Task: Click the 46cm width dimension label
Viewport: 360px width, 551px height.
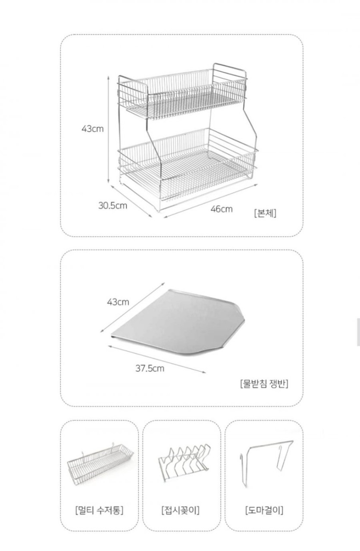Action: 221,209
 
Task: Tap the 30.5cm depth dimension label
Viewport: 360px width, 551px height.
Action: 113,205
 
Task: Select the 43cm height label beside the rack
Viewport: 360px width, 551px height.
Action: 93,129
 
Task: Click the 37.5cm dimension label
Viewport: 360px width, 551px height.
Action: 150,368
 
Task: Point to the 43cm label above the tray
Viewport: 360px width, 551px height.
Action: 118,302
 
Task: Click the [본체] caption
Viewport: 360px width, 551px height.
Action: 265,213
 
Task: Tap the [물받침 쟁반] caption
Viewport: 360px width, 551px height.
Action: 264,384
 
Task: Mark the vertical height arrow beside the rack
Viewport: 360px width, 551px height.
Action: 108,130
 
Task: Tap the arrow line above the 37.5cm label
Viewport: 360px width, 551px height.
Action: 157,359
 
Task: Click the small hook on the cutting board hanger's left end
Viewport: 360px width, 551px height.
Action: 241,458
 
